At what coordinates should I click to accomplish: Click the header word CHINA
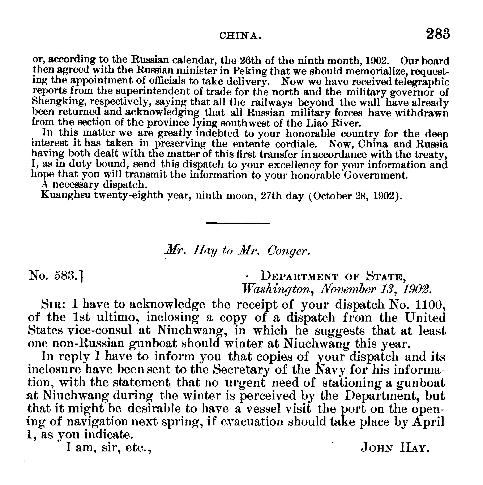[240, 36]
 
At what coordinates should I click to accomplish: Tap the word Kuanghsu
[66, 195]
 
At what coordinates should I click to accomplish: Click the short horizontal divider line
[238, 223]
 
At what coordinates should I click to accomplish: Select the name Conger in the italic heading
[288, 250]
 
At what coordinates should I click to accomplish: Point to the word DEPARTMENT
[299, 276]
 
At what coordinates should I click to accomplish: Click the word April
[428, 422]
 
